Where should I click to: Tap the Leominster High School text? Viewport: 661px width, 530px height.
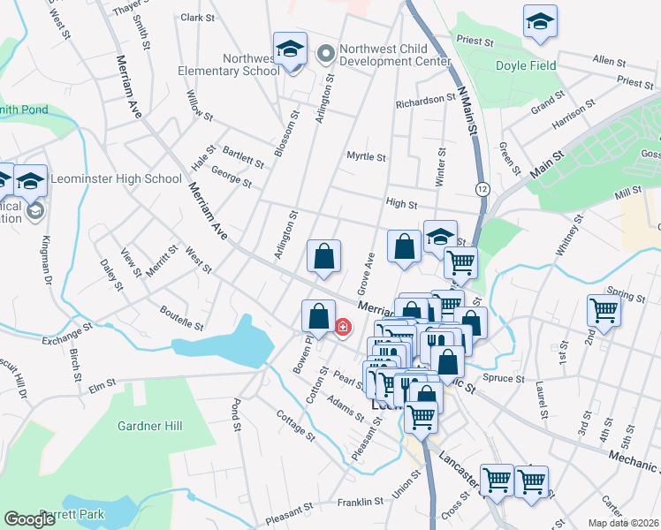point(116,178)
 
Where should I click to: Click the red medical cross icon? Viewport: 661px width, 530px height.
point(342,328)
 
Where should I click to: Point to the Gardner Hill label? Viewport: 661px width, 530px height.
point(149,426)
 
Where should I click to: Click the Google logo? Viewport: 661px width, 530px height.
point(29,519)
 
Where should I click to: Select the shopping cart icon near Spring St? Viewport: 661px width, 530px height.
point(604,311)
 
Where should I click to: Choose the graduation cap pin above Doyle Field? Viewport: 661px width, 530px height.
point(540,21)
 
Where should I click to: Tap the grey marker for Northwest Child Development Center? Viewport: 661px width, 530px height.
point(324,55)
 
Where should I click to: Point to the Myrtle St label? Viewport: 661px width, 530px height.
point(366,157)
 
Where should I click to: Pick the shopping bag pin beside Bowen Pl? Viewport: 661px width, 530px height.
point(316,315)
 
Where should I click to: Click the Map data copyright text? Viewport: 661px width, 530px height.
point(624,523)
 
